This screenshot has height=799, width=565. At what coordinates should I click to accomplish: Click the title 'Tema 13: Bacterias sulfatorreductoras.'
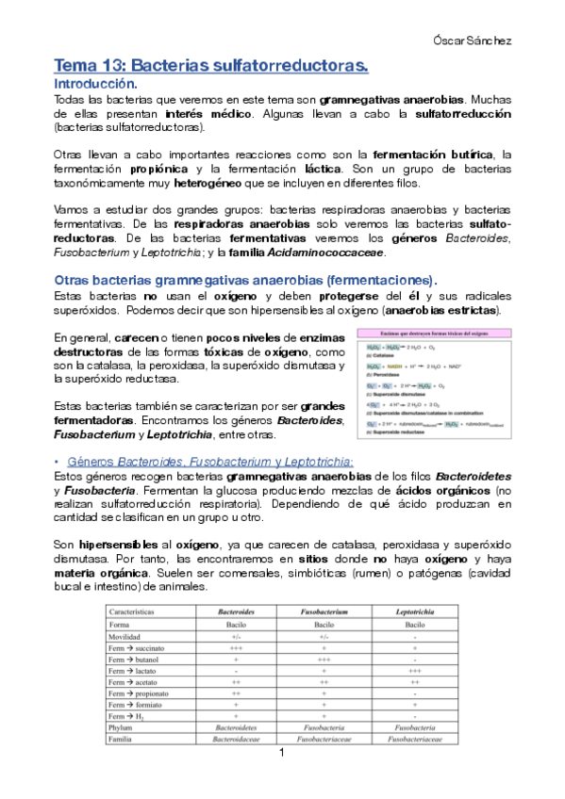[x=210, y=66]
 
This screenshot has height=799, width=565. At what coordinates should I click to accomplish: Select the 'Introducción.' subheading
[x=96, y=84]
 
